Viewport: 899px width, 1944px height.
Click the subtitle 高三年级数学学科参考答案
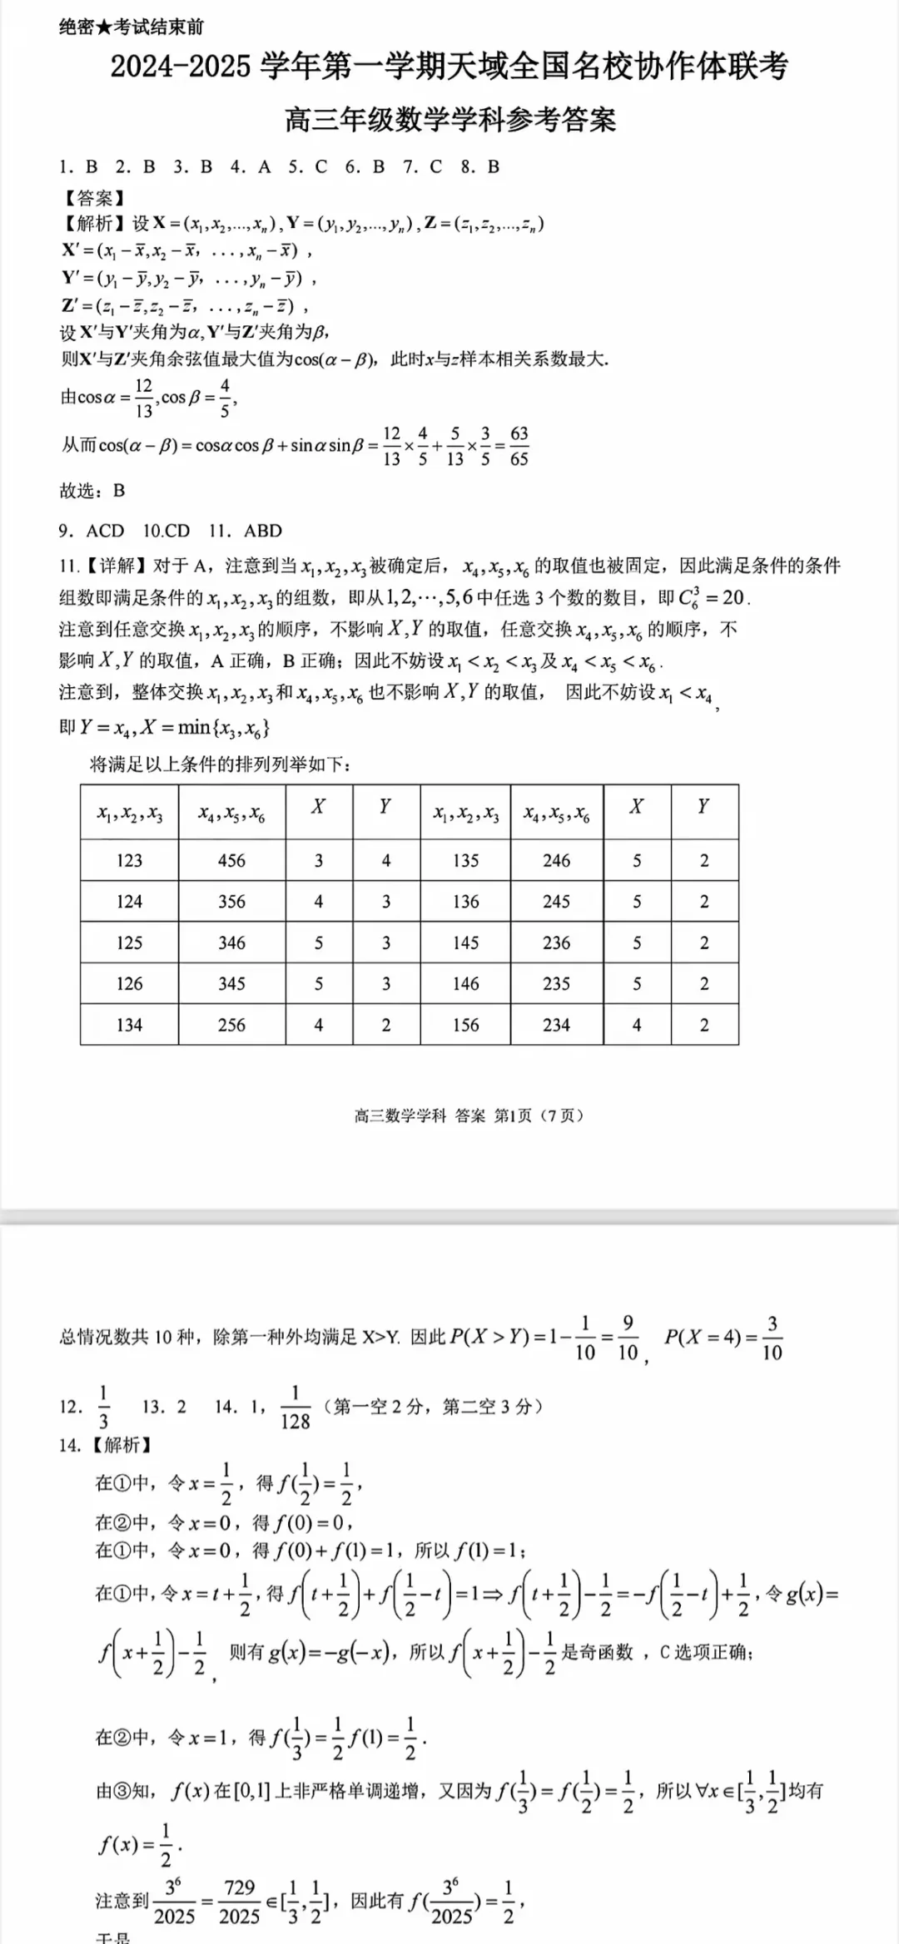pos(450,120)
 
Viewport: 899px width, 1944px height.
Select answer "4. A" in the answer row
pos(251,167)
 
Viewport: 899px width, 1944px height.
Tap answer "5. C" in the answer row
pos(308,167)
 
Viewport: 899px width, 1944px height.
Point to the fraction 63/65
pos(519,446)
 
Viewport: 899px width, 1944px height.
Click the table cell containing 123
pos(129,860)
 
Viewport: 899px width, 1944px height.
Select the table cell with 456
pos(231,860)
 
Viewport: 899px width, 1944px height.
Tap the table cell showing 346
pos(231,942)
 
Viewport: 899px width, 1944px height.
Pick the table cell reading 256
pos(231,1025)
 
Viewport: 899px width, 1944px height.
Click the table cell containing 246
pos(556,860)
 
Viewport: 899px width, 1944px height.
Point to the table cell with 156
pos(465,1025)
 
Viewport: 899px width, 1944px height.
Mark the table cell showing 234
pos(556,1025)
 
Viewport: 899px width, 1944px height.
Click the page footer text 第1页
pos(513,1115)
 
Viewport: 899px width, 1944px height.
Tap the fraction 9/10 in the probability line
pos(628,1338)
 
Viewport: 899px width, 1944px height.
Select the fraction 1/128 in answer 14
pos(295,1407)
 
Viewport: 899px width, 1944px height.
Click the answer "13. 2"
pos(164,1407)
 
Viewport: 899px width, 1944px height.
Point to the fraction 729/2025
pos(239,1902)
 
